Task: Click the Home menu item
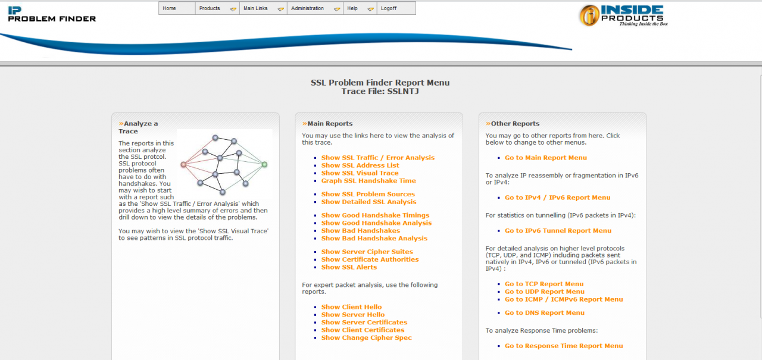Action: pyautogui.click(x=170, y=8)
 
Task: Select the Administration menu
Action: pyautogui.click(x=308, y=8)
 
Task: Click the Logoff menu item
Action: pyautogui.click(x=389, y=8)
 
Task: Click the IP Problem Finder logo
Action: pyautogui.click(x=52, y=14)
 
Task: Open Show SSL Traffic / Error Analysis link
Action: pyautogui.click(x=378, y=158)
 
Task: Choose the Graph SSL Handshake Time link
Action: pyautogui.click(x=368, y=181)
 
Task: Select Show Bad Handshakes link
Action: pyautogui.click(x=361, y=231)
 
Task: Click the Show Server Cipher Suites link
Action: pyautogui.click(x=367, y=252)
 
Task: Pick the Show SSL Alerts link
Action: pyautogui.click(x=349, y=267)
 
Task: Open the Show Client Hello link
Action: pyautogui.click(x=351, y=307)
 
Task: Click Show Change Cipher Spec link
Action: pyautogui.click(x=367, y=338)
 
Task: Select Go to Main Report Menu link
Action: pyautogui.click(x=546, y=158)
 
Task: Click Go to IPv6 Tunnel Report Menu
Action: pyautogui.click(x=558, y=231)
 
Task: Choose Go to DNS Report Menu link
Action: pyautogui.click(x=545, y=313)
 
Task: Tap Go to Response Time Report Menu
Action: pyautogui.click(x=564, y=346)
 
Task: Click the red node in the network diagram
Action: pyautogui.click(x=183, y=165)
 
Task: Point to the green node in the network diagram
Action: pyautogui.click(x=264, y=164)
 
